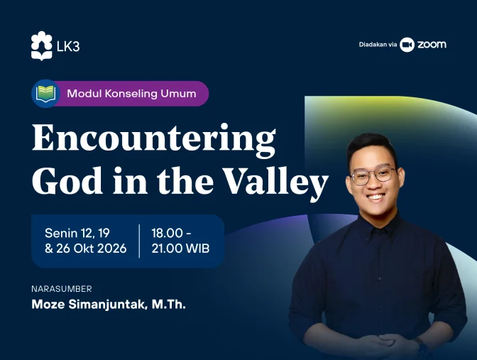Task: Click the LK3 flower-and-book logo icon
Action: [x=41, y=45]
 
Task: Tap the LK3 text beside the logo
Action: [x=68, y=46]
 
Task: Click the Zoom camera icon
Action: [x=407, y=45]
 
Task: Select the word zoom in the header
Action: [x=432, y=45]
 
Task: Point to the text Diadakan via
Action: [x=378, y=45]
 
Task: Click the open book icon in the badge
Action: [x=45, y=94]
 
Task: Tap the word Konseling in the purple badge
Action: [x=131, y=94]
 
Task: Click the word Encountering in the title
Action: [x=153, y=138]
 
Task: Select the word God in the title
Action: [x=67, y=180]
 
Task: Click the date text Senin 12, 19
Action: [x=77, y=233]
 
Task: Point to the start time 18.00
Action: [x=167, y=233]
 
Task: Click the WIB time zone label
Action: [x=198, y=249]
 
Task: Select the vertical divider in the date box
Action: [x=139, y=241]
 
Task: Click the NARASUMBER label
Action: [x=62, y=289]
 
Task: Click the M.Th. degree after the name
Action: [x=168, y=305]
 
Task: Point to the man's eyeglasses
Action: [x=373, y=176]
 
